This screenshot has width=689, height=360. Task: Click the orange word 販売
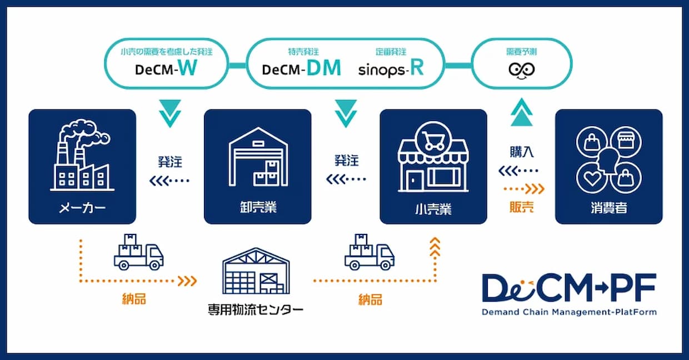coord(522,208)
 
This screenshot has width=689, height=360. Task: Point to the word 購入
coord(522,151)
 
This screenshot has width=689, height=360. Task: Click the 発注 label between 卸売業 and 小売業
coord(346,161)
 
